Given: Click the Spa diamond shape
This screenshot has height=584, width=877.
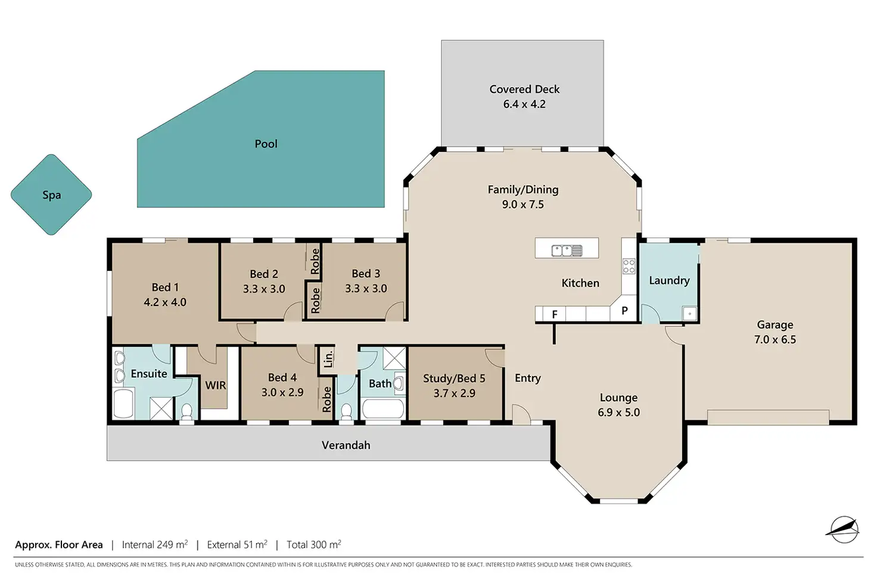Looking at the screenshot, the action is [x=51, y=195].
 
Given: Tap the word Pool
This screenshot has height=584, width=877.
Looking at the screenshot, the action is [x=266, y=144].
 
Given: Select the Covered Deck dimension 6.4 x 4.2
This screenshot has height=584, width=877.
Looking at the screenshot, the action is [x=524, y=104].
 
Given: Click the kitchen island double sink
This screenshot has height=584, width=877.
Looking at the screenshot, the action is [x=567, y=251].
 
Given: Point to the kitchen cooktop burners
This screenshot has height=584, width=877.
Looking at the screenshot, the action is [x=629, y=266].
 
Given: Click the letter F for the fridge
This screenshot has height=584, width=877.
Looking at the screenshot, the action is [x=555, y=314].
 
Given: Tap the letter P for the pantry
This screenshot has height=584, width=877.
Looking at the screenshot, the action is [x=624, y=311].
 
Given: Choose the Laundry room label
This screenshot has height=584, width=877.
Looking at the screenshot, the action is [x=669, y=280].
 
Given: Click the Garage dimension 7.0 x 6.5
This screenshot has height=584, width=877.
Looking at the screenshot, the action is [x=775, y=339].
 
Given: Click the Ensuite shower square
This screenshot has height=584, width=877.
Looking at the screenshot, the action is [x=161, y=408].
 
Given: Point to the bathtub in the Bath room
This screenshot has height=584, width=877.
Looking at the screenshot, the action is [x=383, y=409].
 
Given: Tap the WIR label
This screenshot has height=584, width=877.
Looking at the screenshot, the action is [x=215, y=385].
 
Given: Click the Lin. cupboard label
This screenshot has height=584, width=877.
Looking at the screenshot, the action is [x=328, y=359].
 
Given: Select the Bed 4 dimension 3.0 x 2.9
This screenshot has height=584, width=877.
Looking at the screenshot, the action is [x=282, y=392].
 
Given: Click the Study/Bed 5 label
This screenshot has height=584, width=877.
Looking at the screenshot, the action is [x=454, y=379].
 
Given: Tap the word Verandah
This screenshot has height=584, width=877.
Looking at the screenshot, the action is [x=346, y=445].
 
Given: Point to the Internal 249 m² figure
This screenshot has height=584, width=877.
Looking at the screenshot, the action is [x=155, y=545].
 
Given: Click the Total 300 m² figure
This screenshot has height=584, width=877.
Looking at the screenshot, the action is [x=313, y=545].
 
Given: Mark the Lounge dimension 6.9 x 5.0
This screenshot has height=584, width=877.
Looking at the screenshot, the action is [x=618, y=413].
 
